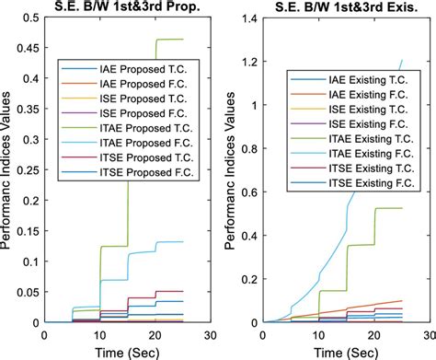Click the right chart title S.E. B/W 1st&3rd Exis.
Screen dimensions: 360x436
339,8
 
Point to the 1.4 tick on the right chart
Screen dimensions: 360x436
249,18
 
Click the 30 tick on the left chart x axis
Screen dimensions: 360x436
212,335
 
